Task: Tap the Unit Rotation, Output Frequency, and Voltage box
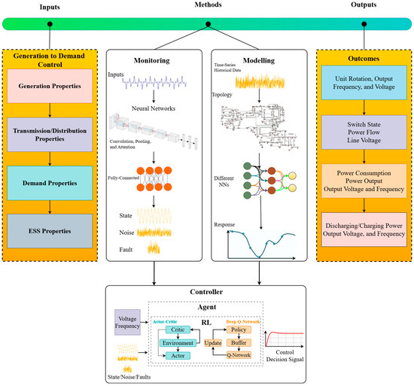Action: click(x=364, y=87)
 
